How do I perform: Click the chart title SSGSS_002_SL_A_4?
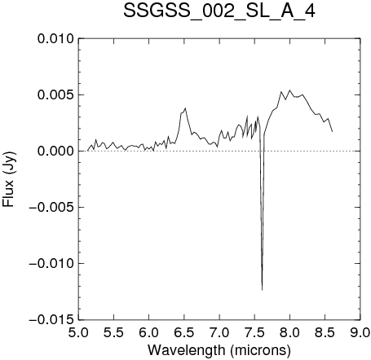pos(219,11)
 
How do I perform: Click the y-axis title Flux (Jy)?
pos(9,179)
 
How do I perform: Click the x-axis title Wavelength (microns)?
pos(219,350)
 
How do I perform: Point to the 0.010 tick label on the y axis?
pos(55,39)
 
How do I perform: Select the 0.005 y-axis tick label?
pos(55,95)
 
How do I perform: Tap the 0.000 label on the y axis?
pos(55,151)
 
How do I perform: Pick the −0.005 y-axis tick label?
pos(51,208)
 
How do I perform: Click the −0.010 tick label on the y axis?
pos(51,264)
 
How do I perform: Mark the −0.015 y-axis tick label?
pos(51,320)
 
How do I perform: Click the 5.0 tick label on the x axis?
pos(78,332)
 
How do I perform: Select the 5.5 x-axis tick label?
pos(113,332)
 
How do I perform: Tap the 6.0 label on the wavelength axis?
pos(149,332)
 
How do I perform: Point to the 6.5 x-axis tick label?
pos(184,332)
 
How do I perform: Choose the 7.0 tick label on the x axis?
pos(219,332)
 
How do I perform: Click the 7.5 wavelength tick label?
pos(254,332)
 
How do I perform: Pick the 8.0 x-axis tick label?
pos(290,332)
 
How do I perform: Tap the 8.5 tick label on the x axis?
pos(325,332)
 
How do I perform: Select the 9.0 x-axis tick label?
pos(360,332)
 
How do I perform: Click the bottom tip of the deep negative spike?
pos(262,290)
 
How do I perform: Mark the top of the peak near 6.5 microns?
pos(185,108)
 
